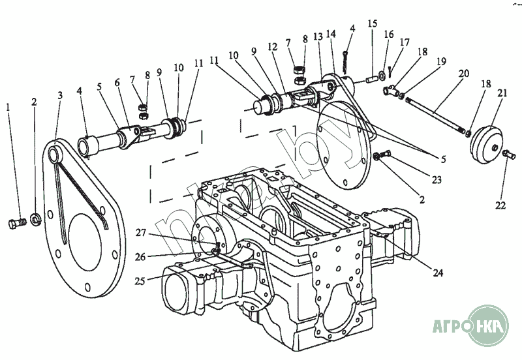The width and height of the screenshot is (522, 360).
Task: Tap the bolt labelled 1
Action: point(15,224)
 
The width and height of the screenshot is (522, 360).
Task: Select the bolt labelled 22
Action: point(508,154)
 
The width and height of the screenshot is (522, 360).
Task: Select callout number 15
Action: point(373,23)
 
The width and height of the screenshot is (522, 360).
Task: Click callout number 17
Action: point(405,42)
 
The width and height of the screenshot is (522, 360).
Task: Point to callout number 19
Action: point(442,61)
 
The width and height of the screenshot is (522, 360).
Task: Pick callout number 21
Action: point(502,94)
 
